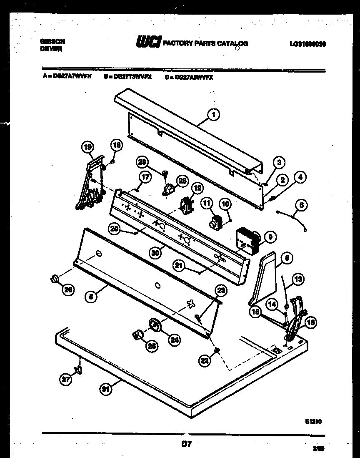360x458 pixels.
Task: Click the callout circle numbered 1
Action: point(213,114)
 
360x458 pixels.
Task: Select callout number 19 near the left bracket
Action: point(87,146)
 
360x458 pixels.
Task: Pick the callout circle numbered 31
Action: point(106,390)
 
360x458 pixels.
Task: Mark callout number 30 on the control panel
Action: point(155,252)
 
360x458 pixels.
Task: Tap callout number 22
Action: point(204,361)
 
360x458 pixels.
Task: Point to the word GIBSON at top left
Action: point(52,42)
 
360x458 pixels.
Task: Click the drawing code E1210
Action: point(313,422)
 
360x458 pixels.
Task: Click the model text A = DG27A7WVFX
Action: point(66,77)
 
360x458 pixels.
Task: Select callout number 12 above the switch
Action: point(197,189)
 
